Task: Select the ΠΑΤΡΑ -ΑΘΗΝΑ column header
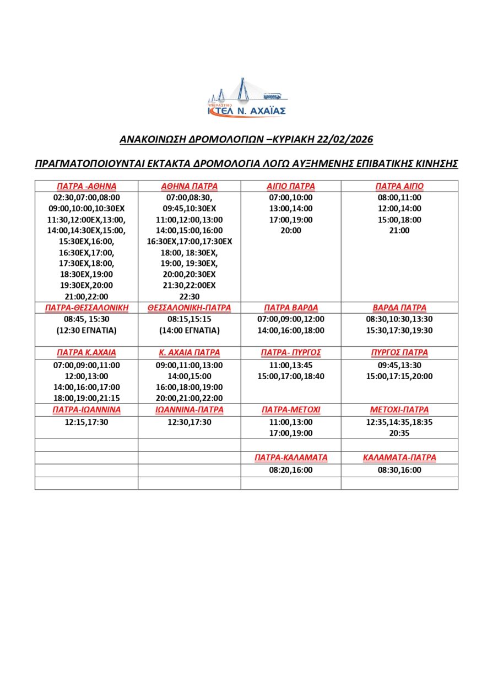coord(86,186)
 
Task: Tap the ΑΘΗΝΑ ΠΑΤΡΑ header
coord(189,186)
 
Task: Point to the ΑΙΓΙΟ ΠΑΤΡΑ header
coord(291,186)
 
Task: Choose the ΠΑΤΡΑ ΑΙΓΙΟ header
coord(399,186)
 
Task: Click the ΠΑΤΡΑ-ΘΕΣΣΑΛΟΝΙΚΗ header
coord(86,308)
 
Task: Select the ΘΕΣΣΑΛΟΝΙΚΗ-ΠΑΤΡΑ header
coord(189,308)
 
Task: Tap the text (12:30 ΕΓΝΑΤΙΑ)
coord(86,330)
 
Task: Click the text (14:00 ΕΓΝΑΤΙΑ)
coord(189,330)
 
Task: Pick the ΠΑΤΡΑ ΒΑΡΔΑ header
coord(291,308)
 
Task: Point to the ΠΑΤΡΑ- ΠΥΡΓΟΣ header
coord(291,353)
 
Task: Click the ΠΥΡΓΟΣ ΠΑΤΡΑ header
coord(399,353)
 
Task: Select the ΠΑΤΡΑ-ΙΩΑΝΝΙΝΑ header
coord(86,410)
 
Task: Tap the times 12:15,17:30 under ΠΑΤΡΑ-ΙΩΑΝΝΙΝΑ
coord(86,422)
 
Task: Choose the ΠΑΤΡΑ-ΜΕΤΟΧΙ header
coord(291,410)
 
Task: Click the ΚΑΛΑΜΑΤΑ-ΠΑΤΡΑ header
coord(399,458)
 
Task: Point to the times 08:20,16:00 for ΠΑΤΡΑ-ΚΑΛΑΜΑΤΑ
coord(291,470)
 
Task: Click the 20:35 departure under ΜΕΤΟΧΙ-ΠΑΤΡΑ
coord(399,433)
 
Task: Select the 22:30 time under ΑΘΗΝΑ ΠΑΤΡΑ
coord(189,296)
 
